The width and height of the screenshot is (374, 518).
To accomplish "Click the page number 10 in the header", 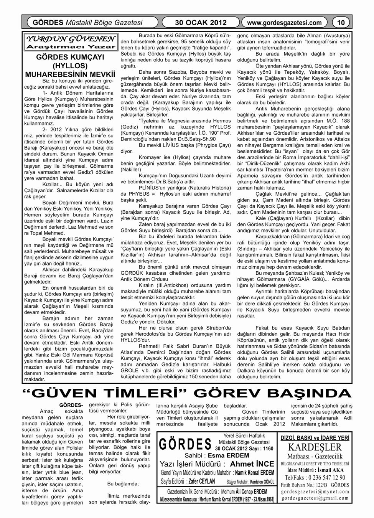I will (x=341, y=23).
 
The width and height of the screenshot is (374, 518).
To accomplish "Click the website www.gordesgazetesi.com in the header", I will (x=285, y=23).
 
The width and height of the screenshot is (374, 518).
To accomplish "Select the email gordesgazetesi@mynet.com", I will (x=315, y=492).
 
